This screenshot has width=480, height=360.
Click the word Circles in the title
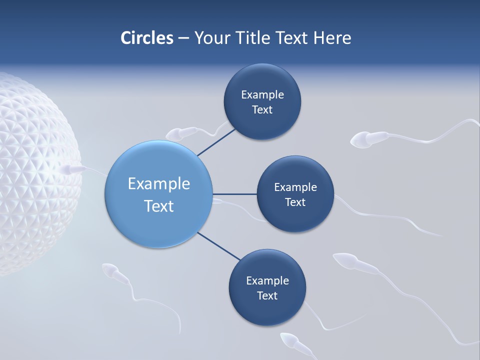click(147, 37)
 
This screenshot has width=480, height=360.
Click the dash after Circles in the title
click(183, 38)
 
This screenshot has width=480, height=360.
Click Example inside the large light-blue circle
click(159, 184)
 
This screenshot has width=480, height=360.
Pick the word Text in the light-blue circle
click(159, 206)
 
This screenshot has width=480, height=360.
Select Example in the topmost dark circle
click(262, 95)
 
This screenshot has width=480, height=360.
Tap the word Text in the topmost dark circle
click(262, 110)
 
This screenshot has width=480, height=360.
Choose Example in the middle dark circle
click(295, 187)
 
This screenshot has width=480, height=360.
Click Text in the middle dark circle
click(295, 202)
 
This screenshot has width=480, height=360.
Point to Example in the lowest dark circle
click(267, 281)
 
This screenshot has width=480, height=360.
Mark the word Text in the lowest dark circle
click(267, 296)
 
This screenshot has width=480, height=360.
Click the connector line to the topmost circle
click(216, 142)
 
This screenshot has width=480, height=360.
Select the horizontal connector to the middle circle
click(234, 194)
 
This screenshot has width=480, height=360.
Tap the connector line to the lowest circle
click(218, 246)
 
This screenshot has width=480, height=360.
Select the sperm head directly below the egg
click(109, 271)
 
